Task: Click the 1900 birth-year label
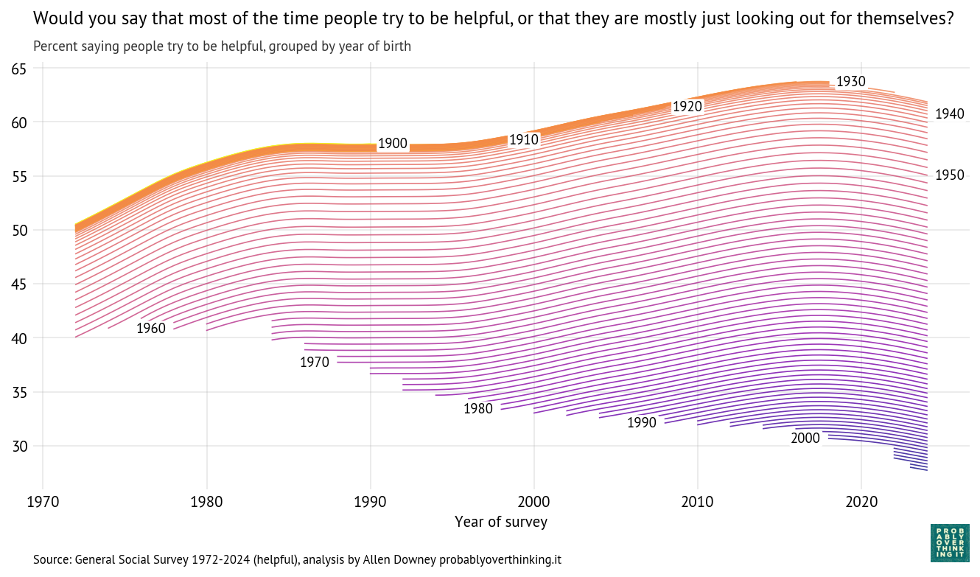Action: (x=393, y=144)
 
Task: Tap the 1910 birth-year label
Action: (x=524, y=139)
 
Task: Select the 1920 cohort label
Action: (x=687, y=107)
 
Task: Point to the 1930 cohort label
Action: (x=850, y=82)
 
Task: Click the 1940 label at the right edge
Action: (x=949, y=114)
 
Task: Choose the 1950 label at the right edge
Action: (x=949, y=175)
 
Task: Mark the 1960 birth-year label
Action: (x=151, y=329)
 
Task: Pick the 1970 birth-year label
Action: (x=315, y=363)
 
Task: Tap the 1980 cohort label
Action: (x=478, y=409)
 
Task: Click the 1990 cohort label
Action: (x=642, y=423)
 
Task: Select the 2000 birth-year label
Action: (x=805, y=438)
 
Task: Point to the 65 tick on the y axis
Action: (x=18, y=69)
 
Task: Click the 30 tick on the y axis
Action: (x=18, y=447)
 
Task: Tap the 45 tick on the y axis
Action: (x=18, y=284)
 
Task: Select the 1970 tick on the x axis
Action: (x=43, y=503)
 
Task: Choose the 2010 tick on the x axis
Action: (x=697, y=503)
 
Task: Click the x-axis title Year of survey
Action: (x=501, y=522)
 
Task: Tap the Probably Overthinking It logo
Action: (x=950, y=542)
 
